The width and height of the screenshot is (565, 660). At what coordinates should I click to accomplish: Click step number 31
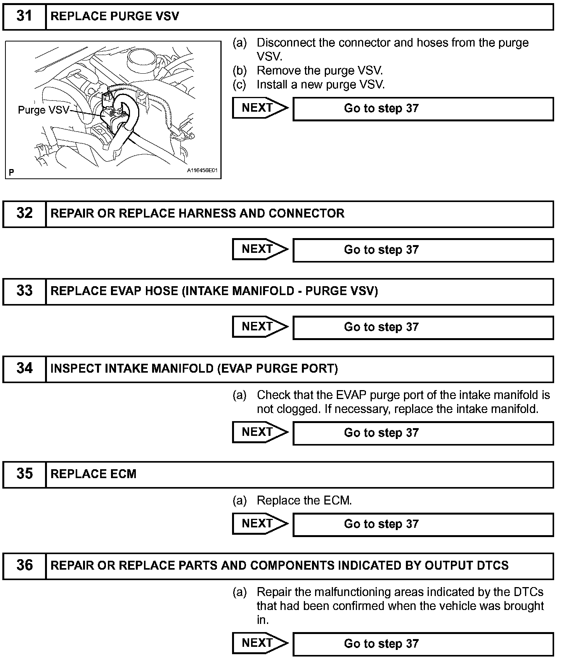click(24, 16)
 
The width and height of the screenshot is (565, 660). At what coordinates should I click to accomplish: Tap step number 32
click(24, 213)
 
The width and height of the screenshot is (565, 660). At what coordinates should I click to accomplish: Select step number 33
click(24, 291)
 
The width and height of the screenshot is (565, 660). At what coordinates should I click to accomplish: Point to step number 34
click(24, 368)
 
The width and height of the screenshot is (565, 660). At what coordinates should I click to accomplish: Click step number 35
click(24, 474)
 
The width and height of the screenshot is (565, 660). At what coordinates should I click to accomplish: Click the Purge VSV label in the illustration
click(43, 110)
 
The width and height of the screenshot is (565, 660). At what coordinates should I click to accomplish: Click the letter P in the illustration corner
click(11, 172)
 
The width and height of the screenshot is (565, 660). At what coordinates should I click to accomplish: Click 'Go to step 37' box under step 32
click(423, 250)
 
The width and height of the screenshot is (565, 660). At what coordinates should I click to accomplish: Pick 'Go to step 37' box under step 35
click(423, 524)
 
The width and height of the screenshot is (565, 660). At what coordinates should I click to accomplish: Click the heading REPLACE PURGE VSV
click(115, 16)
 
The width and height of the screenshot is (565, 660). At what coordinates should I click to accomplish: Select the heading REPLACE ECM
click(94, 474)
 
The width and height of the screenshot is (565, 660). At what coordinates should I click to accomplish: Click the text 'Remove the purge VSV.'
click(320, 71)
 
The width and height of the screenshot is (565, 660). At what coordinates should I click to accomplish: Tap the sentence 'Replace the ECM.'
click(304, 501)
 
